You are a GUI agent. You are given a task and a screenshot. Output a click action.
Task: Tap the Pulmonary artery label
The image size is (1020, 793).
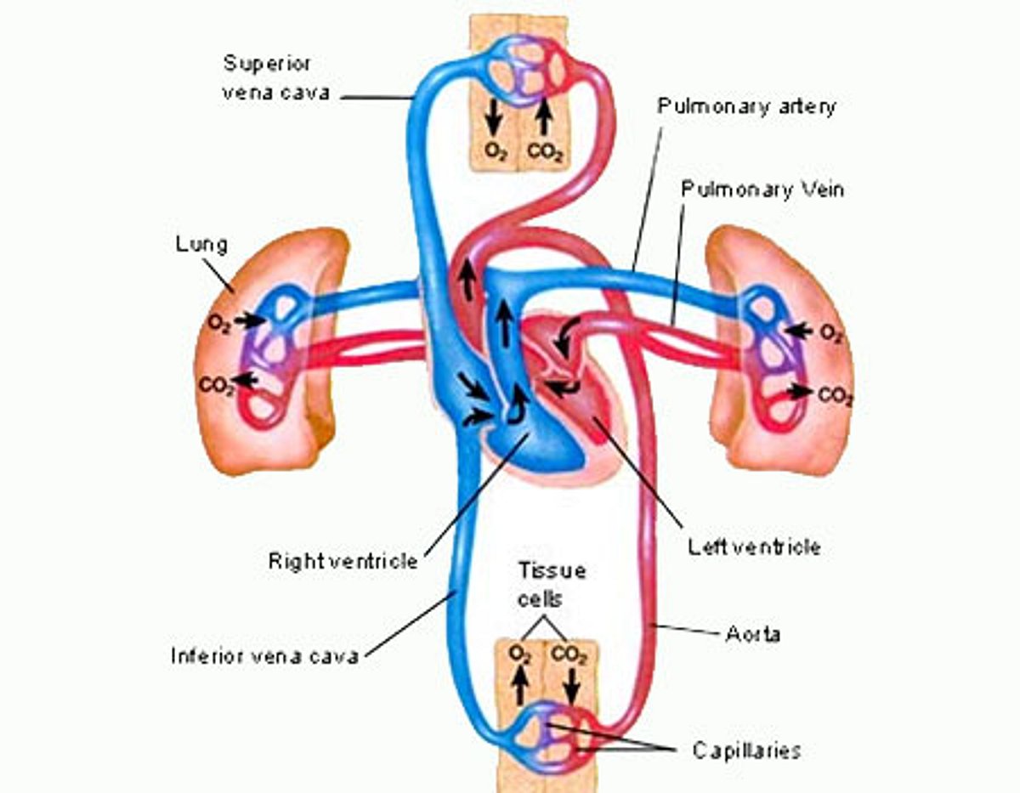[747, 106]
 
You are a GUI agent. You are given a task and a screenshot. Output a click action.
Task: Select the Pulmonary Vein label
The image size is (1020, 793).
[762, 189]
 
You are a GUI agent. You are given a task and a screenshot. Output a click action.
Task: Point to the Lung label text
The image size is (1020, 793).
[201, 245]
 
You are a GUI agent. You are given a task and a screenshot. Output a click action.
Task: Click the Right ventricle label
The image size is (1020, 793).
[343, 561]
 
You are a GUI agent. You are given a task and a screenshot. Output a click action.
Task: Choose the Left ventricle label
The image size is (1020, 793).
[754, 546]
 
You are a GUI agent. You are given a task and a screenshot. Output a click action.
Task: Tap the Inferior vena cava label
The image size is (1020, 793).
[264, 655]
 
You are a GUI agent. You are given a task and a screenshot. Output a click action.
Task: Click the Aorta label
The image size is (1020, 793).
[753, 634]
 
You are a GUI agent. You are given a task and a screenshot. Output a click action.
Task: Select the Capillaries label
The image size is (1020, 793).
[745, 750]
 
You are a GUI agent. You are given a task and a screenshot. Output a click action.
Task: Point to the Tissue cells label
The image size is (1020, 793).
[541, 584]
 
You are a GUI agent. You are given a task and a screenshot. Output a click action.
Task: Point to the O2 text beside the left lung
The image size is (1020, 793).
[218, 324]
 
